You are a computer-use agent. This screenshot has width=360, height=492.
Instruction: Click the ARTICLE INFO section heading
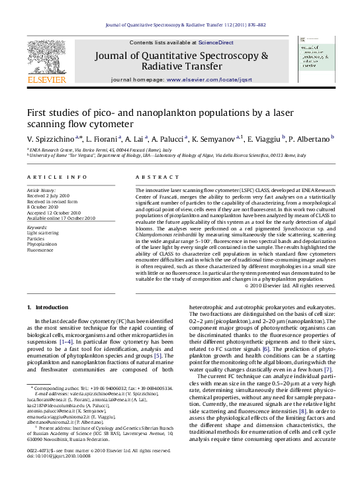57,177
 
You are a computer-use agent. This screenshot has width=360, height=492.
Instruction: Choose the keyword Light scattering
43,233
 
